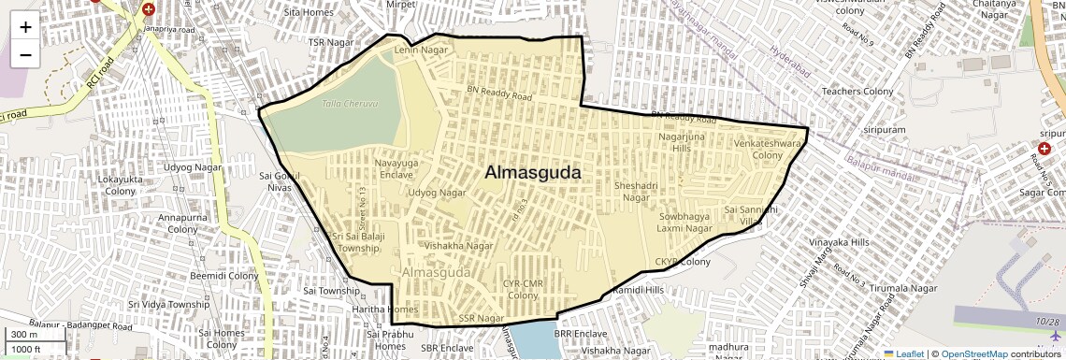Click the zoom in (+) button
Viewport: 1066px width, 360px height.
(x=25, y=27)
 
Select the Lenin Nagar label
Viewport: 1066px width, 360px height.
(x=422, y=50)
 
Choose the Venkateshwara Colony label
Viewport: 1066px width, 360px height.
(x=768, y=150)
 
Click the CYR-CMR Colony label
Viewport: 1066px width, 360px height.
(x=523, y=289)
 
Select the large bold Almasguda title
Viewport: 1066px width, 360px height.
(x=532, y=173)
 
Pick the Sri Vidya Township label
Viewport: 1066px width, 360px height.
(x=169, y=305)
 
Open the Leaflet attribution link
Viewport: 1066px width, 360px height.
(x=904, y=354)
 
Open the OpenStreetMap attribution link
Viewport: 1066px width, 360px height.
(x=973, y=354)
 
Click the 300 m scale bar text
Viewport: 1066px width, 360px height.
(x=24, y=334)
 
